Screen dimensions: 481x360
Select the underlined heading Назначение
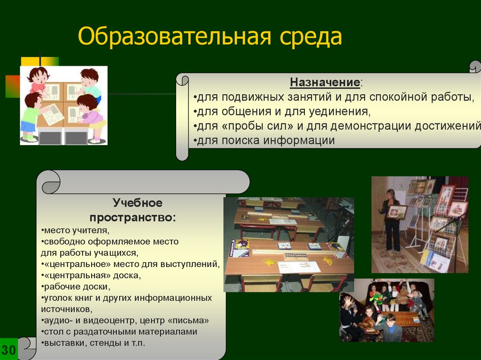[x=325, y=82]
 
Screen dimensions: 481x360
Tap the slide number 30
[x=8, y=350]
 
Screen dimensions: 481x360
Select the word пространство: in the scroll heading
[x=133, y=217]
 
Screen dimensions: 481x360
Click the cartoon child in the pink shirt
[x=39, y=82]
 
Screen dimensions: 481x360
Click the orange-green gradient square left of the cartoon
[x=12, y=86]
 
